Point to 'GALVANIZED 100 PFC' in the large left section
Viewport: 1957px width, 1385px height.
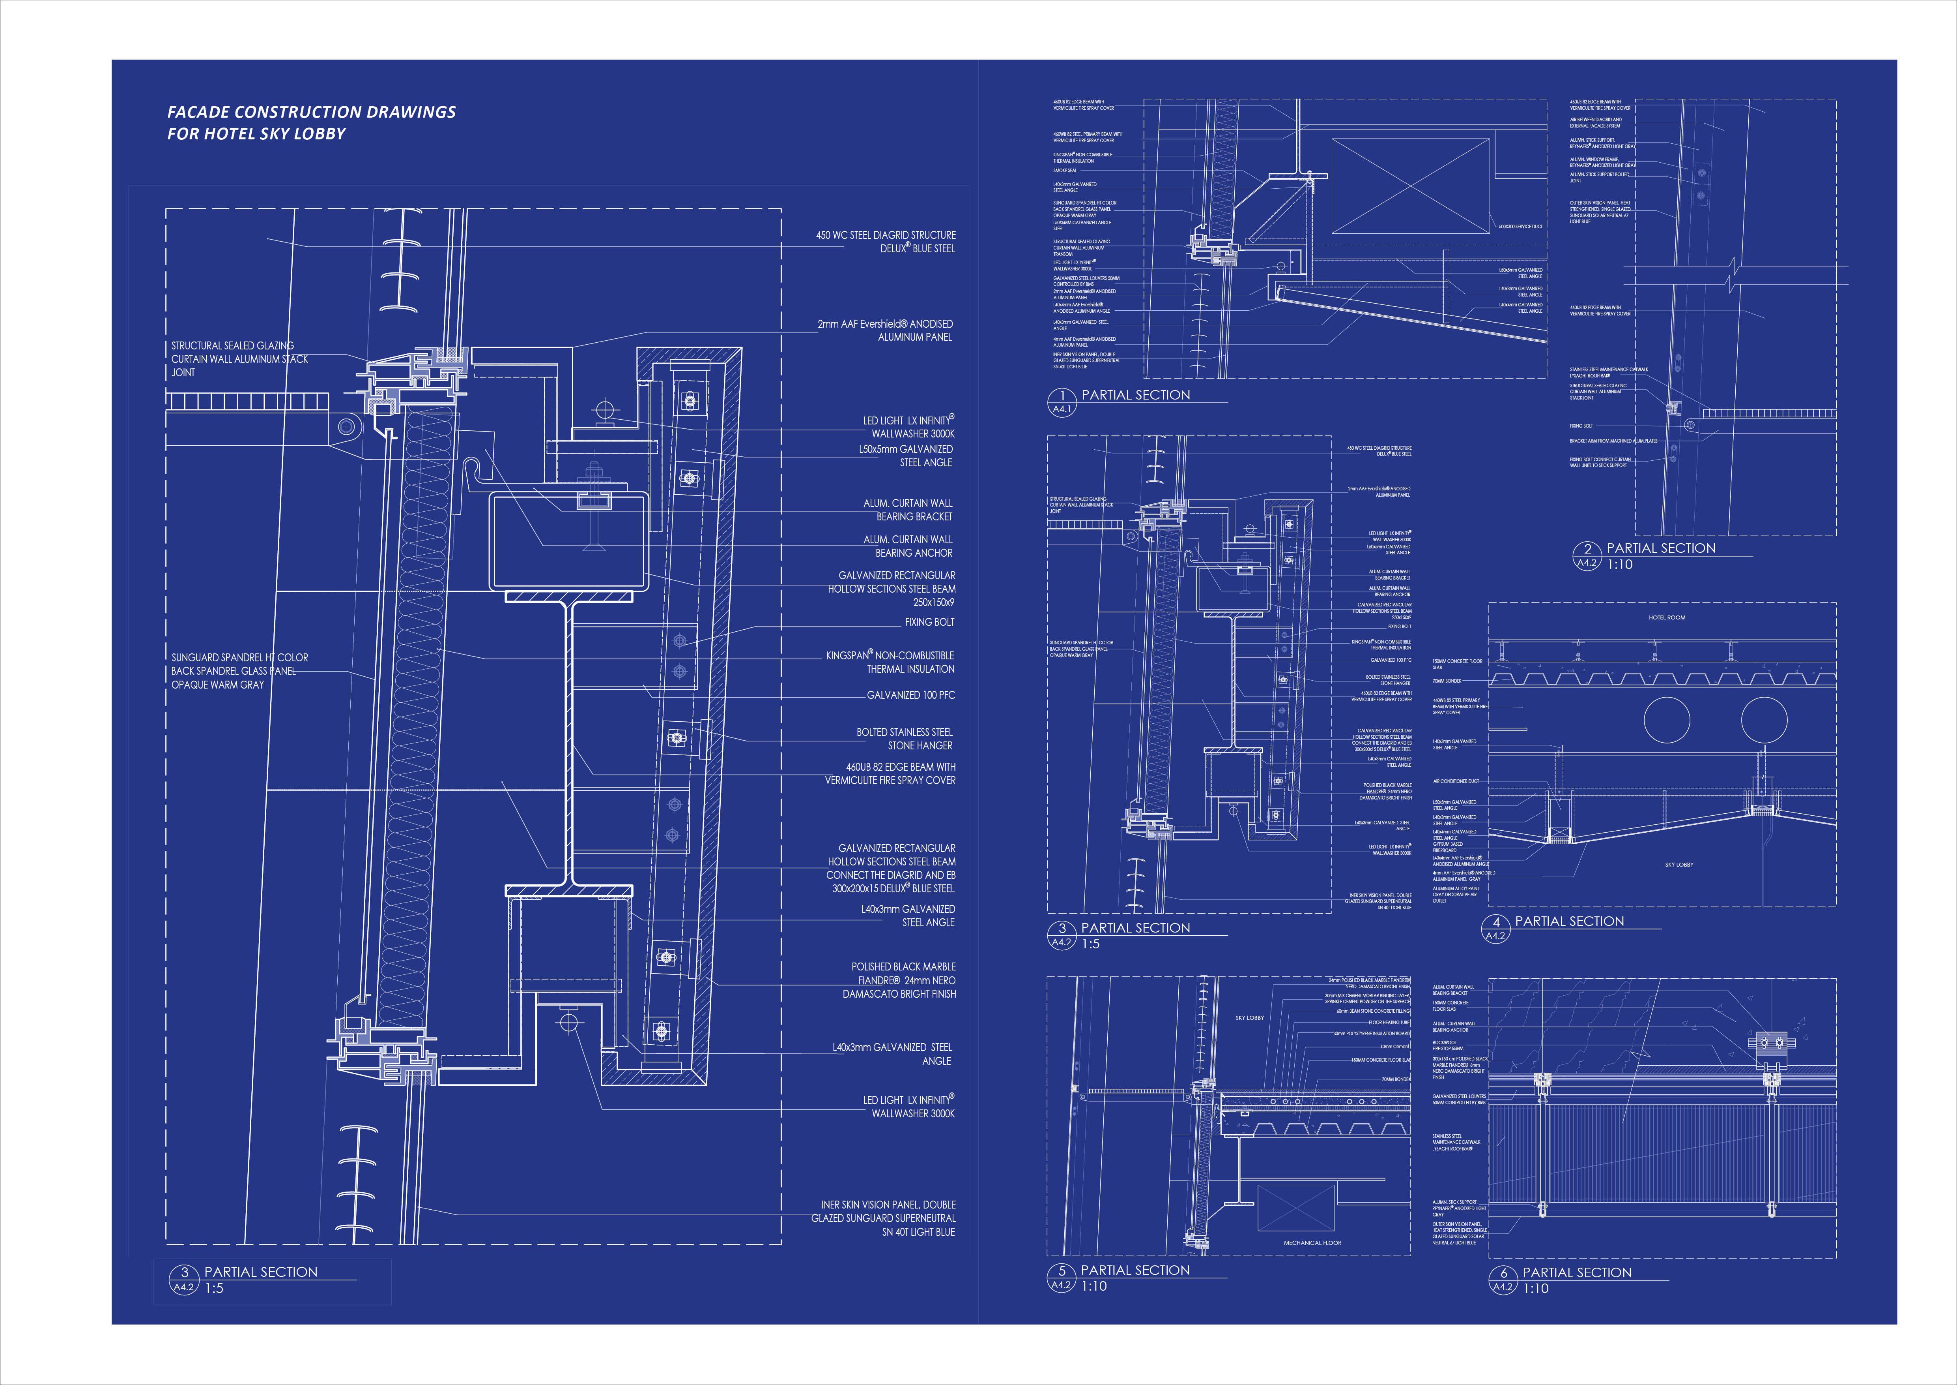click(910, 695)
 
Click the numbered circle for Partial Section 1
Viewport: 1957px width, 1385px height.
click(1062, 396)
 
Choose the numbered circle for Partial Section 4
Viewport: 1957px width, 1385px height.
click(1496, 922)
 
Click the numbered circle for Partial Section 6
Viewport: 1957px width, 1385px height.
click(1504, 1273)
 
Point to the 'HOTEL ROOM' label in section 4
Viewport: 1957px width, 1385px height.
click(1666, 617)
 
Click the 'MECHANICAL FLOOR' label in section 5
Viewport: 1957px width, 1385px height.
click(1313, 1242)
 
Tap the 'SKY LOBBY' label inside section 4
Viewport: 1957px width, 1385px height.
click(1678, 865)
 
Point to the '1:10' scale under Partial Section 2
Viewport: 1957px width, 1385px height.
click(1619, 565)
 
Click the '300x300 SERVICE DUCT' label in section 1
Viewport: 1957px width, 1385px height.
click(1520, 227)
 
